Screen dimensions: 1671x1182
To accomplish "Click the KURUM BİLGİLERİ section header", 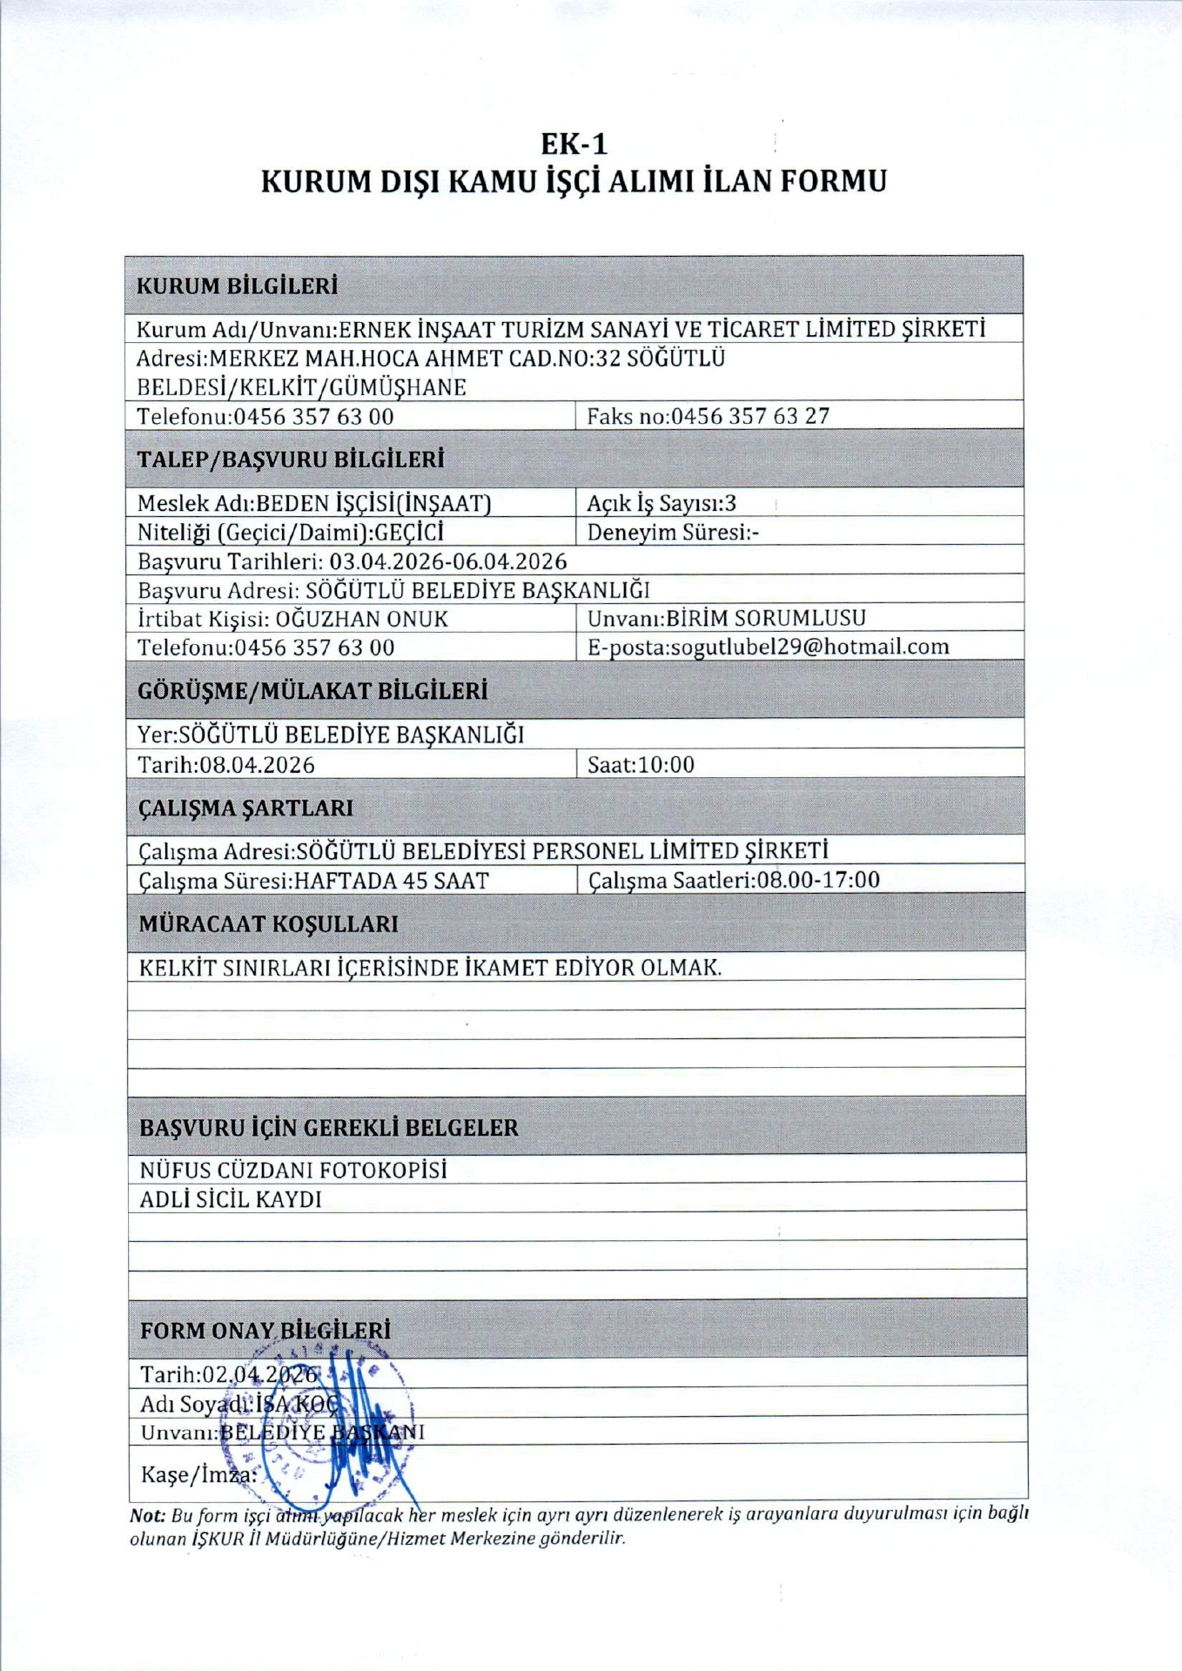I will [238, 286].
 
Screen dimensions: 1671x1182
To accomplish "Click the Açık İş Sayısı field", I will [662, 503].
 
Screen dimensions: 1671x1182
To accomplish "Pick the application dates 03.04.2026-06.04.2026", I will [447, 561].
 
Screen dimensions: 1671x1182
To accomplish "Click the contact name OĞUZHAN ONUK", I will [361, 619].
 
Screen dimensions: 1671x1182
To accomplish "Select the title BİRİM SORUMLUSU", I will [766, 618].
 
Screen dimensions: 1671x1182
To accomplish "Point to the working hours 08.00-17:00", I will [818, 880].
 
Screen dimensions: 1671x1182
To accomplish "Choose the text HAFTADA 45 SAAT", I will [391, 881].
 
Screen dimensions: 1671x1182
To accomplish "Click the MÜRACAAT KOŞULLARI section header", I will [268, 924].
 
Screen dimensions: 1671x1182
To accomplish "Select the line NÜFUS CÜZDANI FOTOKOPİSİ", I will [293, 1171].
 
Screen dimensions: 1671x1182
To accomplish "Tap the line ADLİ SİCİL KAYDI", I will [231, 1199].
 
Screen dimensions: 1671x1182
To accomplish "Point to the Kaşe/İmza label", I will [198, 1474].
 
